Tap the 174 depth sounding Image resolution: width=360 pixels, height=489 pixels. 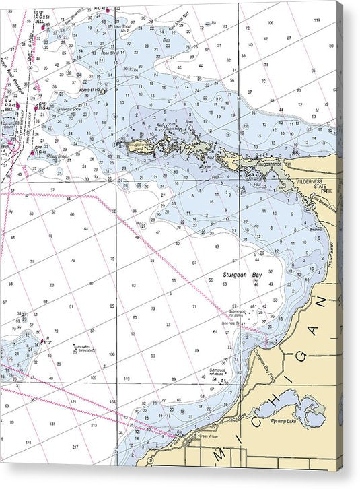(x=28, y=442)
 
